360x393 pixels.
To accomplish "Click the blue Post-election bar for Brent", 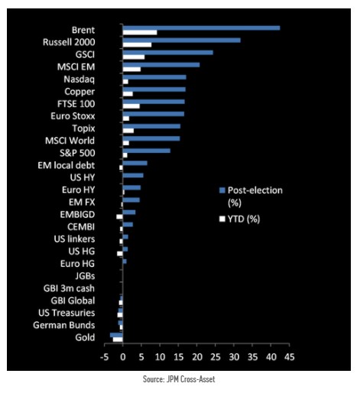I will click(x=201, y=28).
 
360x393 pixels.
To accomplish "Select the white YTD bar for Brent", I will click(x=140, y=32).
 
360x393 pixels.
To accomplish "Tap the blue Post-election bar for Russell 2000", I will click(x=181, y=40).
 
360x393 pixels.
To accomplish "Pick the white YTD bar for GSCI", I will click(x=133, y=57).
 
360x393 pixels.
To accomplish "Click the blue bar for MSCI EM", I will click(x=161, y=64).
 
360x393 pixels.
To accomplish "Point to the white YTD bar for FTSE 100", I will click(x=131, y=106).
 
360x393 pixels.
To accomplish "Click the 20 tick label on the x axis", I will click(x=197, y=356).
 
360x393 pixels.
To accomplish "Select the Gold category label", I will click(x=85, y=337).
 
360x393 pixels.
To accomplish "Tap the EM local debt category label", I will click(x=66, y=164).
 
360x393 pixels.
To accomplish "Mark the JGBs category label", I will click(x=84, y=275).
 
